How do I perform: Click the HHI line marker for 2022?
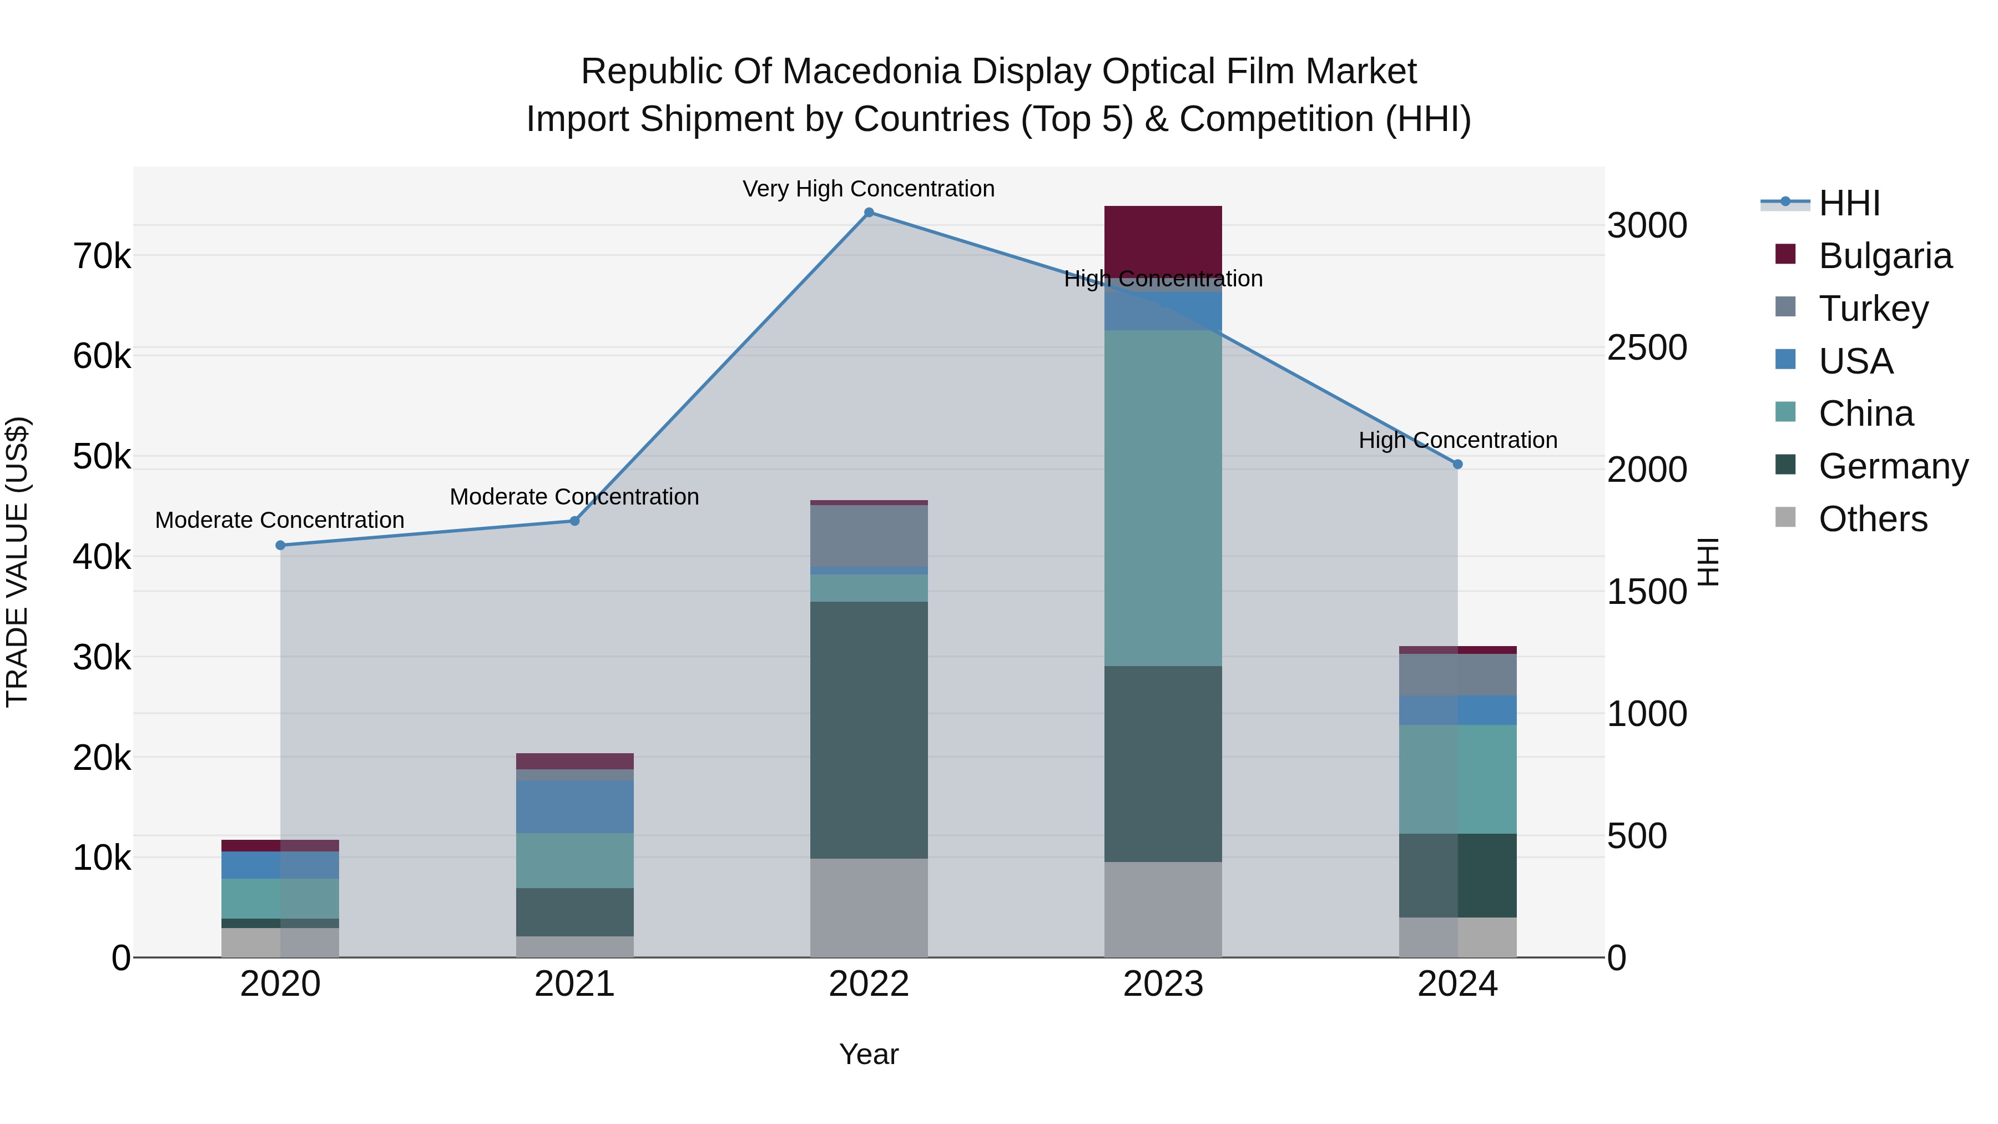tap(869, 213)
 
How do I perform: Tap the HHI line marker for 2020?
tap(281, 545)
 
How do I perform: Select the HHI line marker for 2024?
tap(1457, 465)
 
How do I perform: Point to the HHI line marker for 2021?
tap(575, 521)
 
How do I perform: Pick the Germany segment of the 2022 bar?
tap(869, 729)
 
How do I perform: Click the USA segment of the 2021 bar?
tap(575, 807)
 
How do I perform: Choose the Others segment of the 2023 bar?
tap(1163, 909)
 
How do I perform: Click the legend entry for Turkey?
tap(1873, 309)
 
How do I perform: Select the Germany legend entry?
tap(1893, 466)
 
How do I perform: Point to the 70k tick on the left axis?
tap(102, 256)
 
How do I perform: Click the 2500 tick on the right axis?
tap(1647, 347)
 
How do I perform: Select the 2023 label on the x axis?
tap(1163, 984)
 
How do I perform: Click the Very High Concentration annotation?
tap(869, 189)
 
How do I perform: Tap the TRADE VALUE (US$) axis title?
tap(18, 562)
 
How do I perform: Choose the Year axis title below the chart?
tap(869, 1054)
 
